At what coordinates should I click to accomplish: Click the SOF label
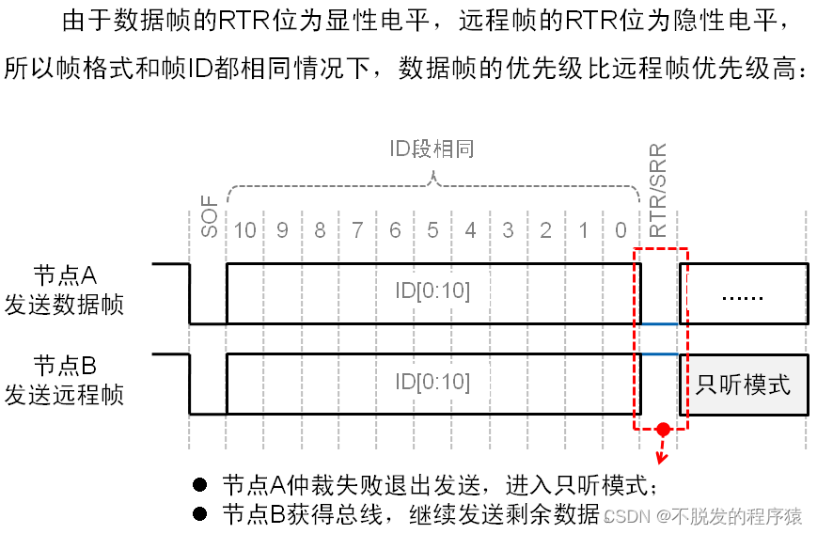[208, 217]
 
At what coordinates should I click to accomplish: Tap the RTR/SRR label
[658, 190]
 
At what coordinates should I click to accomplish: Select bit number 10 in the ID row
[245, 230]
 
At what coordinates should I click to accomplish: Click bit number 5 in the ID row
[432, 230]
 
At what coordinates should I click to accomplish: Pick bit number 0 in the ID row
[621, 230]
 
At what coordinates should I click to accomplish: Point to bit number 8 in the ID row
[321, 230]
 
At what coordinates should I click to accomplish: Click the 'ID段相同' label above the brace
[432, 149]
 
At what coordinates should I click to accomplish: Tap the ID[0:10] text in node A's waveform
[432, 291]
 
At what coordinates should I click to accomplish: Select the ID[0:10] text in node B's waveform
[432, 382]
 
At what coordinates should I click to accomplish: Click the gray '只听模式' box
[743, 385]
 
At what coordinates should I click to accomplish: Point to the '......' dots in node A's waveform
[743, 294]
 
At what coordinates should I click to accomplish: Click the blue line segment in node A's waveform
[659, 323]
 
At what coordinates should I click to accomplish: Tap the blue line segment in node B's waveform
[659, 354]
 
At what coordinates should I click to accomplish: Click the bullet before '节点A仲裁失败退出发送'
[198, 485]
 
